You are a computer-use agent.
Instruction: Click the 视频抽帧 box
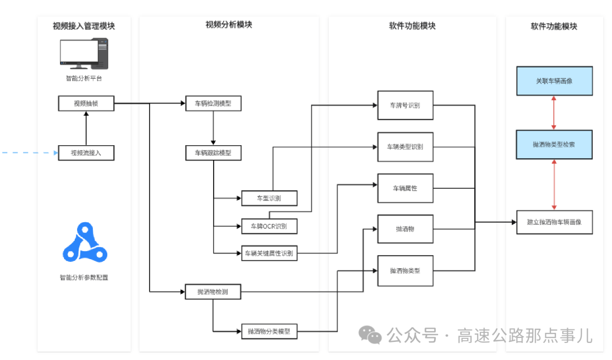pos(86,104)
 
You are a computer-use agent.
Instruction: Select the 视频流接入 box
pos(86,153)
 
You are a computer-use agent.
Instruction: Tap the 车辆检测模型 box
pos(213,104)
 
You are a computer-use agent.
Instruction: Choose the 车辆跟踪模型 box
pos(213,153)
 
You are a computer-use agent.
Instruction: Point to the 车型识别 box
pos(269,198)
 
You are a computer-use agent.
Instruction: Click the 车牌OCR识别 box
pos(269,226)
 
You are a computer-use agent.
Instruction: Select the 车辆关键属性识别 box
pos(269,253)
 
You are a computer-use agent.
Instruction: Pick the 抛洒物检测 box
pos(213,292)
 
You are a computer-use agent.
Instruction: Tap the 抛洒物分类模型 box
pos(269,331)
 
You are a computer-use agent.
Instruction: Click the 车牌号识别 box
pos(405,105)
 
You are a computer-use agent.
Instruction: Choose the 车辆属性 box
pos(405,188)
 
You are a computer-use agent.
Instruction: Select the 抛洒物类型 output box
pos(405,270)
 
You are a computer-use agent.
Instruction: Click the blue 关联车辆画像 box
pos(554,81)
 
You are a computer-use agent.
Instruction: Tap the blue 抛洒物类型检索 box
pos(554,145)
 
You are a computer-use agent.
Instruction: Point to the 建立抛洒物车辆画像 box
pos(554,222)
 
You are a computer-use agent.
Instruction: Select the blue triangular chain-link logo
pos(85,245)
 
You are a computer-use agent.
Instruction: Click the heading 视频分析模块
pos(229,25)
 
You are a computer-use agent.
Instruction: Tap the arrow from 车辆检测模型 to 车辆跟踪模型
pos(213,128)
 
